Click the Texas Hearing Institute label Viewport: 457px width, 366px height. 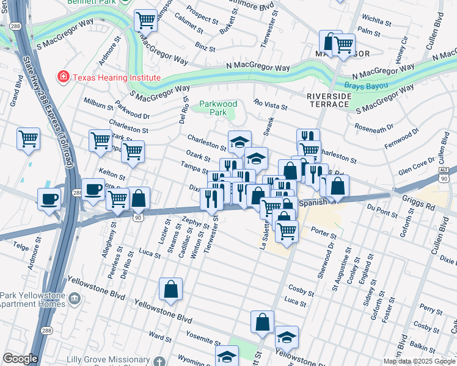116,77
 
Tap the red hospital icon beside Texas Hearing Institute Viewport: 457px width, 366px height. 62,77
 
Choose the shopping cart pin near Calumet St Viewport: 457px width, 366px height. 145,22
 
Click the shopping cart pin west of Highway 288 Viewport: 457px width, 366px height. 28,140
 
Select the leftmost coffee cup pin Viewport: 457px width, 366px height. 49,198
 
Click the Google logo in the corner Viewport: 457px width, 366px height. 20,359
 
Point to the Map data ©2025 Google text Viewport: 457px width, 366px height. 419,361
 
